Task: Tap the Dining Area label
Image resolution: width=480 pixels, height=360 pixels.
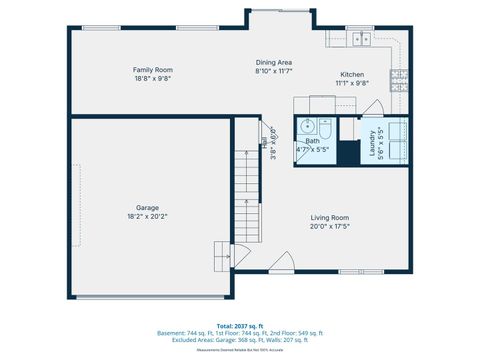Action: point(273,62)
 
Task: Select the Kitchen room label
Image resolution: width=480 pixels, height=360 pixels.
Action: point(352,75)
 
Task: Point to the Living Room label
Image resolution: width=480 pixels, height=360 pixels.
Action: point(329,217)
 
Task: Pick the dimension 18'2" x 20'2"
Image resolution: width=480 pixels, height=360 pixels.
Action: point(147,216)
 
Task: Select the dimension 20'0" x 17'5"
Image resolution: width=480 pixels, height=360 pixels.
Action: point(329,226)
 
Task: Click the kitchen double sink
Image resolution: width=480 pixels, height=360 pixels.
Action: point(361,40)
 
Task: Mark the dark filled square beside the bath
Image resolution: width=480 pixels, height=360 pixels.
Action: point(347,152)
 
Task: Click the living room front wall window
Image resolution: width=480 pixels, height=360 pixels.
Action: point(361,271)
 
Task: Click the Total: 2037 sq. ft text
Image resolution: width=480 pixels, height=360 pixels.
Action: point(239,325)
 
